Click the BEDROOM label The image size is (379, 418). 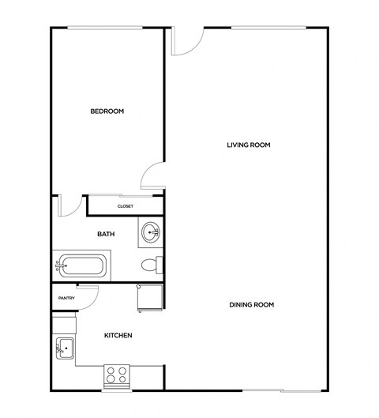click(107, 111)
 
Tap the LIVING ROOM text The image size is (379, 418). click(249, 145)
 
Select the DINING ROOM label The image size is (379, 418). click(251, 305)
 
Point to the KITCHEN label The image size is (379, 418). click(118, 336)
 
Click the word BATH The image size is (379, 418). click(106, 234)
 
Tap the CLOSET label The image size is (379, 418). click(125, 206)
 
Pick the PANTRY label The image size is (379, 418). click(66, 298)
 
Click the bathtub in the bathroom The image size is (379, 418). click(82, 265)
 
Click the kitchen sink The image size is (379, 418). click(64, 347)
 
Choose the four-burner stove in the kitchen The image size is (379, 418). click(117, 375)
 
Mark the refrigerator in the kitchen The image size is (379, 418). click(150, 298)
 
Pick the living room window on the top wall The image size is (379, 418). click(268, 28)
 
